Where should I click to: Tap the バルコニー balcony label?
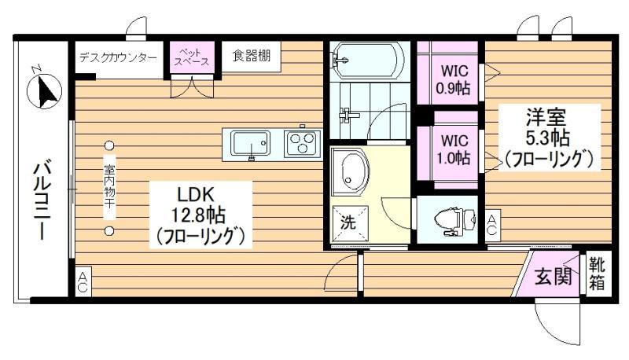[x=44, y=200]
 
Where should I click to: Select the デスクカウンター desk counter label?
[x=118, y=57]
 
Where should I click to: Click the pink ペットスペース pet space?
[x=192, y=57]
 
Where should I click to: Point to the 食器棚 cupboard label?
[x=251, y=56]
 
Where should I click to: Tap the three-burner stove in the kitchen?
[x=303, y=143]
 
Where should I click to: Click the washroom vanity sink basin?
[x=351, y=172]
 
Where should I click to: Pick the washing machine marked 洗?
[x=349, y=223]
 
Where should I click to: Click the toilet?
[x=455, y=221]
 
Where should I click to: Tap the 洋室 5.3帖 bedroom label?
[x=548, y=137]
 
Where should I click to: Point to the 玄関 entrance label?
[x=554, y=276]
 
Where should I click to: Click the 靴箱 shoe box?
[x=598, y=274]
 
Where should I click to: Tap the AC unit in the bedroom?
[x=492, y=226]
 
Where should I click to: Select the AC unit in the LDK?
[x=83, y=282]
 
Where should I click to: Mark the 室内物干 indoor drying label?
[x=109, y=187]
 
